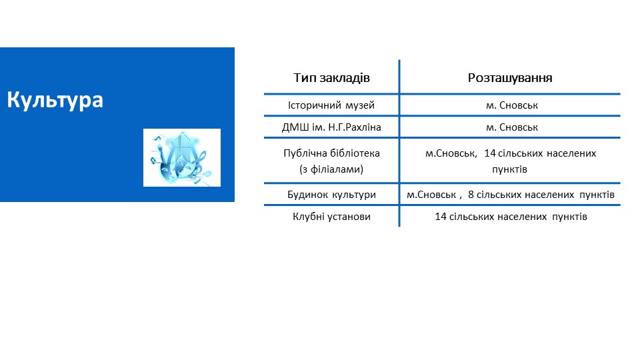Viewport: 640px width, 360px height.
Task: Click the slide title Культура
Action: pyautogui.click(x=55, y=100)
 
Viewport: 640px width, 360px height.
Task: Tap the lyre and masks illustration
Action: pyautogui.click(x=181, y=157)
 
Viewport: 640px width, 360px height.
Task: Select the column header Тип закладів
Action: pyautogui.click(x=331, y=77)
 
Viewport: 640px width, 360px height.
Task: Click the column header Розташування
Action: pyautogui.click(x=510, y=77)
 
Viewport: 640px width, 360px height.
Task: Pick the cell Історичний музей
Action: pyautogui.click(x=331, y=105)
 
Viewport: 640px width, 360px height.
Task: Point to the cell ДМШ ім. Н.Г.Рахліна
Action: pyautogui.click(x=331, y=127)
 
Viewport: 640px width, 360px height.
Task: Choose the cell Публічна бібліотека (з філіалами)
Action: pyautogui.click(x=331, y=161)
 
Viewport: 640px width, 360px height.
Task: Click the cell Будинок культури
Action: pyautogui.click(x=331, y=195)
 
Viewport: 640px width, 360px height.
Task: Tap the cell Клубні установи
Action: pyautogui.click(x=331, y=217)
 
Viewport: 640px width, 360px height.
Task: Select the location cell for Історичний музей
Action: pyautogui.click(x=512, y=105)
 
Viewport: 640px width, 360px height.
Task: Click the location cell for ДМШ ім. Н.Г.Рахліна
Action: pyautogui.click(x=512, y=127)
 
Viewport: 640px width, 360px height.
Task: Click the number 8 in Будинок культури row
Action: pyautogui.click(x=471, y=195)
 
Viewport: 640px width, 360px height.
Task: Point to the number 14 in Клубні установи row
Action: pyautogui.click(x=441, y=217)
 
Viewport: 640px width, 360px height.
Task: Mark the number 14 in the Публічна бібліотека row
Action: pyautogui.click(x=490, y=153)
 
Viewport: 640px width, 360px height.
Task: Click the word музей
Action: pyautogui.click(x=360, y=106)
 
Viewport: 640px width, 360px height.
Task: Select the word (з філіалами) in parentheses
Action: pyautogui.click(x=331, y=169)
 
